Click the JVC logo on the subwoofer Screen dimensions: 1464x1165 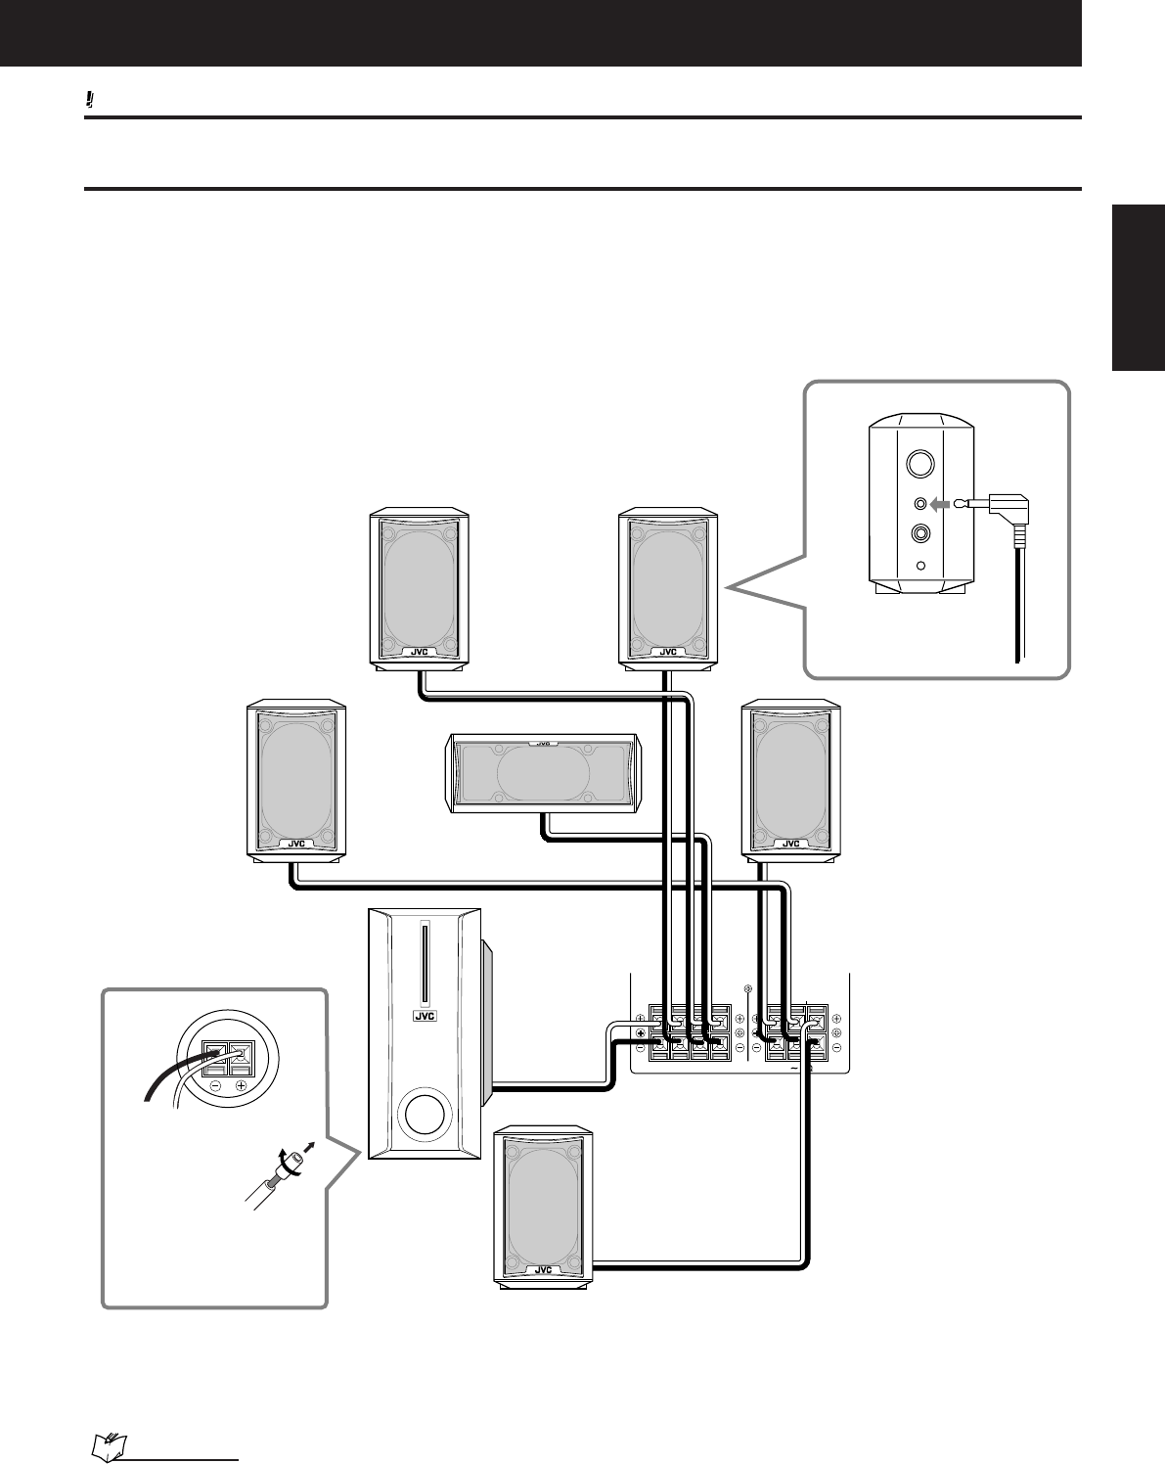[x=425, y=1016]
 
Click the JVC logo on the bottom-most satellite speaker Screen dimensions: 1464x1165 [x=543, y=1269]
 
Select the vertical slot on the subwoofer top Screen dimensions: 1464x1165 [x=424, y=963]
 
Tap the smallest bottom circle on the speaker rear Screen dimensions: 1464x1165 [x=920, y=565]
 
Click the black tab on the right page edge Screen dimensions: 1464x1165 [x=1139, y=288]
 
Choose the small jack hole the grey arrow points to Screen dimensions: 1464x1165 [x=920, y=504]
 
